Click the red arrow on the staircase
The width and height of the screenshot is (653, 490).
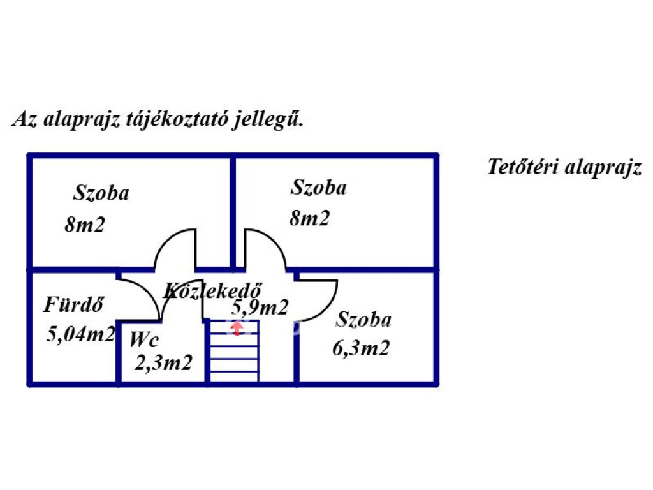(237, 329)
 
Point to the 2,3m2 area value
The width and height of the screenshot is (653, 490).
(163, 362)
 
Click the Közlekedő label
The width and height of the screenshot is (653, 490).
(213, 290)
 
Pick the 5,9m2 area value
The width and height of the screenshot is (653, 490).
(260, 308)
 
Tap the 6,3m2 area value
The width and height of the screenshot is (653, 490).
(361, 348)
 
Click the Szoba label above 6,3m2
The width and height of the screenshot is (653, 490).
(364, 319)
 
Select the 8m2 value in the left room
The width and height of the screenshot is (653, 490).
(84, 224)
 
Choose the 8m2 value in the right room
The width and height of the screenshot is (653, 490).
(310, 218)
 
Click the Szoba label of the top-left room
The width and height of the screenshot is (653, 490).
(101, 193)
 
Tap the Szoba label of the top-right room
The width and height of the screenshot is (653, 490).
(319, 188)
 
